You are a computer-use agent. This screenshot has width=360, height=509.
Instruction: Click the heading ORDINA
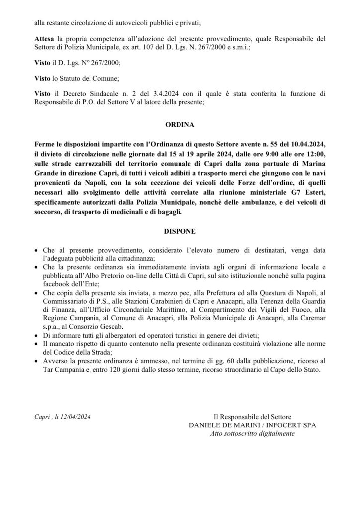click(180, 126)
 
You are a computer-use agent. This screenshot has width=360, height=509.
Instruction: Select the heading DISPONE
click(180, 231)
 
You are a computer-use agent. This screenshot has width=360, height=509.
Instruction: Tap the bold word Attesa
click(45, 38)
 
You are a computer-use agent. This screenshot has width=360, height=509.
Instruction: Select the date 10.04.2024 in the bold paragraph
click(305, 143)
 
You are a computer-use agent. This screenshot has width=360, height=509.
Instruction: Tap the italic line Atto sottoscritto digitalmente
click(252, 433)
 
